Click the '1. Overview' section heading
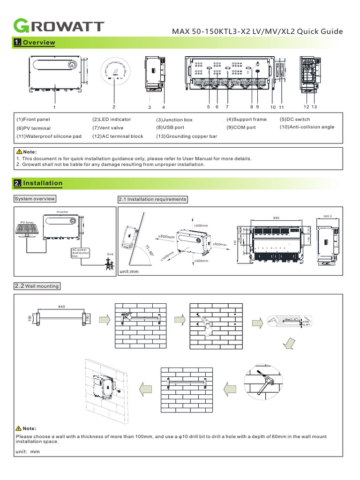pyautogui.click(x=35, y=43)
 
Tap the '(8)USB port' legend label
pyautogui.click(x=170, y=127)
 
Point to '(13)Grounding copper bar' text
pyautogui.click(x=187, y=136)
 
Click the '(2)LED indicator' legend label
pyautogui.click(x=112, y=120)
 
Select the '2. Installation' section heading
pyautogui.click(x=38, y=183)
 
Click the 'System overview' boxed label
pyautogui.click(x=35, y=199)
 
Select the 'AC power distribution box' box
pyautogui.click(x=80, y=253)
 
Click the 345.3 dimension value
pyautogui.click(x=327, y=217)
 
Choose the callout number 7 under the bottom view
pyautogui.click(x=227, y=107)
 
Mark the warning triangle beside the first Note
pyautogui.click(x=19, y=152)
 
